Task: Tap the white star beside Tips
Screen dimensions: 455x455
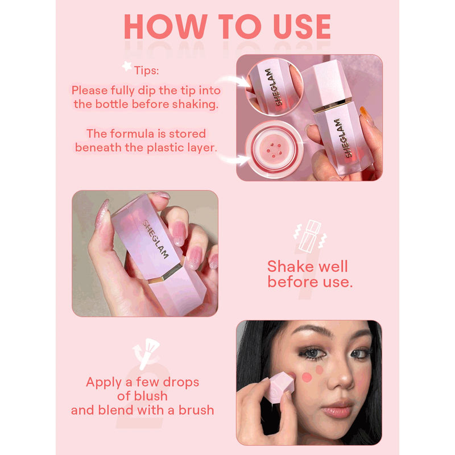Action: [126, 67]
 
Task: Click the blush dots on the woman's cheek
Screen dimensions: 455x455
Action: [313, 374]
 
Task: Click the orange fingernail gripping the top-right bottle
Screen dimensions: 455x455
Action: [366, 115]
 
